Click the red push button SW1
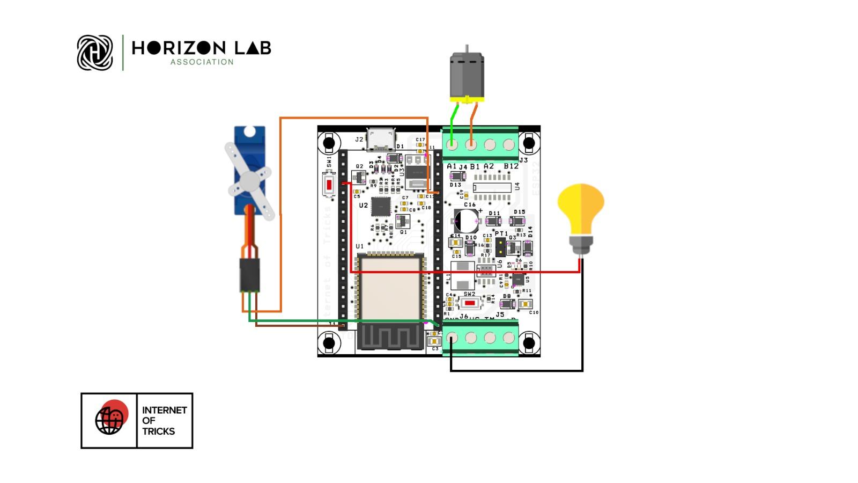coord(329,186)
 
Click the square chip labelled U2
coord(381,207)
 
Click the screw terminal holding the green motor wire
coord(452,144)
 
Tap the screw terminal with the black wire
coord(452,338)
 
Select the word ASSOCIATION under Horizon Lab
coord(202,62)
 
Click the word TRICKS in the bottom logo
coord(158,431)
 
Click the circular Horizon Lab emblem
coord(95,53)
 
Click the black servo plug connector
coord(249,274)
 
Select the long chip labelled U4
coord(492,188)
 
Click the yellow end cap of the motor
coord(467,100)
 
